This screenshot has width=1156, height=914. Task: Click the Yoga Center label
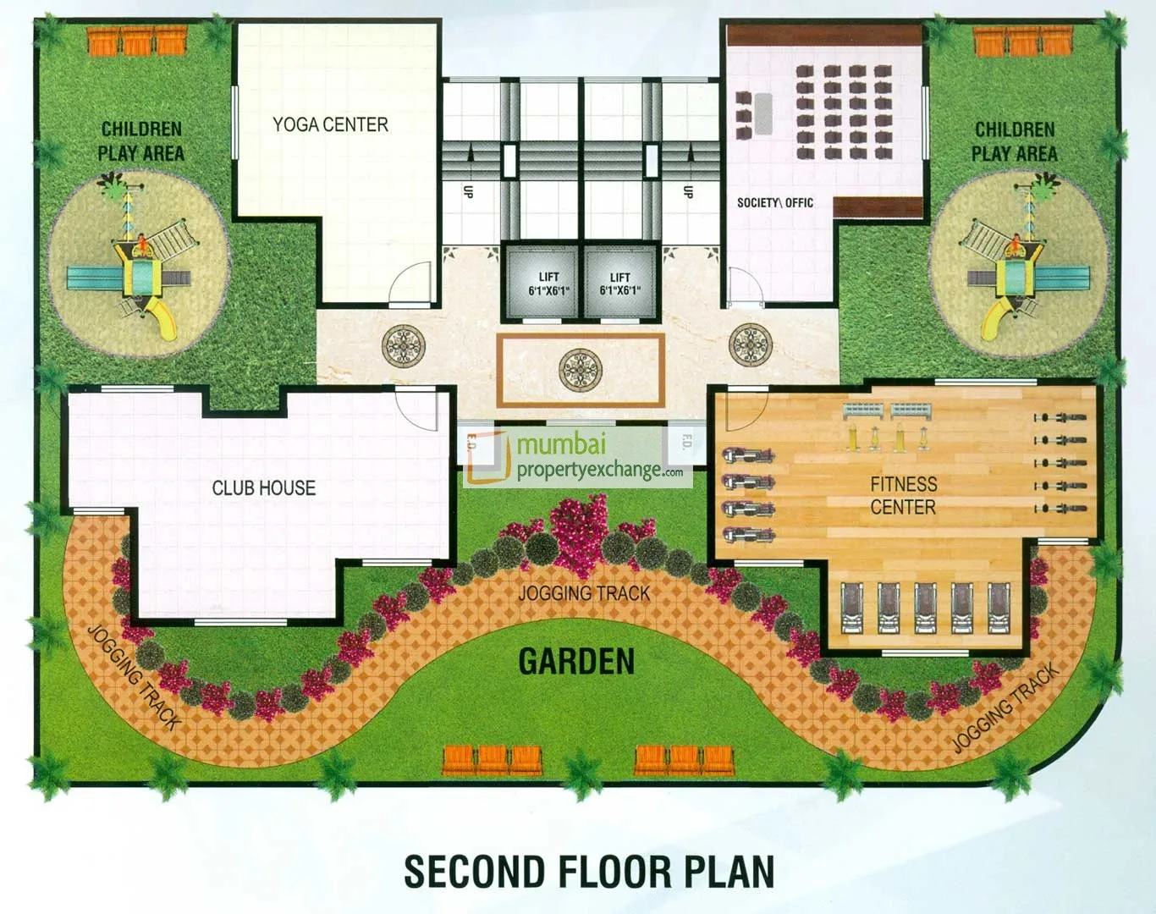(330, 125)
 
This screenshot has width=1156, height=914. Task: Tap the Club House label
(263, 488)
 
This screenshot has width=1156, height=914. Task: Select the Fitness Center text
(903, 496)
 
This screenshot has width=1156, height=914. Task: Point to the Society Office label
(774, 203)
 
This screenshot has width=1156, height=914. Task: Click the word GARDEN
(576, 662)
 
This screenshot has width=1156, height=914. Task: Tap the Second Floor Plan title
(589, 872)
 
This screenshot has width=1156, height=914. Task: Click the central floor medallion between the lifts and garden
(580, 370)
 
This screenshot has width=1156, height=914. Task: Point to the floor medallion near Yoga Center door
(402, 345)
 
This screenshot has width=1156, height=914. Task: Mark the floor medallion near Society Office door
(750, 344)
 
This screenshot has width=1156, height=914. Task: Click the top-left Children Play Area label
(141, 141)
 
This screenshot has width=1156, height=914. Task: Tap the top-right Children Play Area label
(1014, 141)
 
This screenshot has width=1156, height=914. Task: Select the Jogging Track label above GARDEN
(584, 593)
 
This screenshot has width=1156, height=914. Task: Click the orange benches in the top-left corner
(137, 41)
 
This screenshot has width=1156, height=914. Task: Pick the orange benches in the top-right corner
(1023, 41)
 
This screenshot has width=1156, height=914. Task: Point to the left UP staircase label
(468, 191)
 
